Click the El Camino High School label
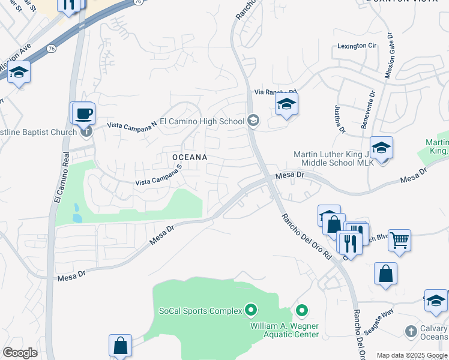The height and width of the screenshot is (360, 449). coord(206,121)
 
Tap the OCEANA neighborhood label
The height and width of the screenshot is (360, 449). coord(190,157)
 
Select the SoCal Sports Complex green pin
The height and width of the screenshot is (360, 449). coord(251,310)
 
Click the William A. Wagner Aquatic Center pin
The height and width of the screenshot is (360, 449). coord(301,311)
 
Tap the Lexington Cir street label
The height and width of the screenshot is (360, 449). coord(357,46)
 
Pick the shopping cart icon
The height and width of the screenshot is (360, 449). coord(399,240)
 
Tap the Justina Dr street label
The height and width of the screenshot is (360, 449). coord(339,117)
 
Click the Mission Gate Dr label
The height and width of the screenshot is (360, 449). coord(390,55)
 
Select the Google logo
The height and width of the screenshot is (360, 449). coord(20,353)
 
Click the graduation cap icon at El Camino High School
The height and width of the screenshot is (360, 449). coord(253,121)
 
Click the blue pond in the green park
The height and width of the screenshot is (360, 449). coord(76,213)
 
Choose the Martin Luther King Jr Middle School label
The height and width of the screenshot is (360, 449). coord(334,158)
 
